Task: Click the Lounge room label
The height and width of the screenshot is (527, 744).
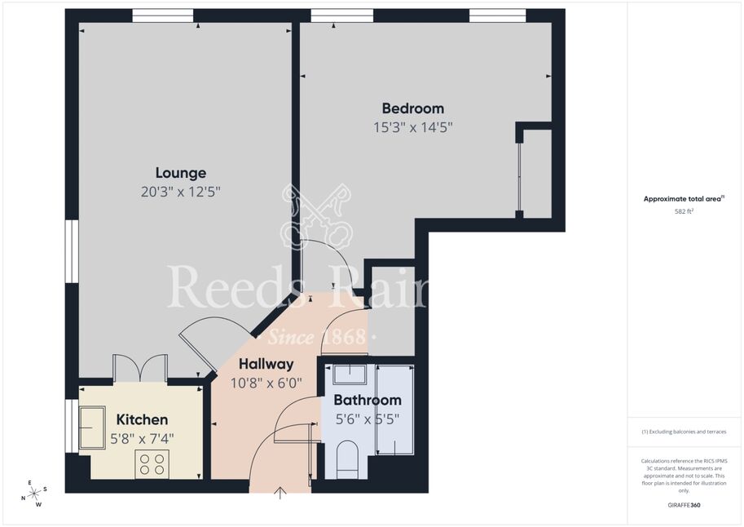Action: pos(181,173)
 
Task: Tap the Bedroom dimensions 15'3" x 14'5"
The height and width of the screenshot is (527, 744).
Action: pos(413,127)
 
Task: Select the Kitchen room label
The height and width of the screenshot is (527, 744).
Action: pos(142,419)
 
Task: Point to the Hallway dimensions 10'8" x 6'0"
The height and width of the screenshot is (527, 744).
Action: pos(266,383)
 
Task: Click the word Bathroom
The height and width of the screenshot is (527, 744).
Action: pos(368,400)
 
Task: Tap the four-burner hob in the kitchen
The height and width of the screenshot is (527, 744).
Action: pos(152,464)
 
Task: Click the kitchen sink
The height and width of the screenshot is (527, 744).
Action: pos(92,427)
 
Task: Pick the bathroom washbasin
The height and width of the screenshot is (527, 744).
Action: pos(349,374)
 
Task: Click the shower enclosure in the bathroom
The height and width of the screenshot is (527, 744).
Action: pos(394,410)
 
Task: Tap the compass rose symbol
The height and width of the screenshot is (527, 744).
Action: pos(34,494)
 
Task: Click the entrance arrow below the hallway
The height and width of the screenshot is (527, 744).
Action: pos(280,494)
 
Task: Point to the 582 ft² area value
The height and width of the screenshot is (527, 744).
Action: pos(684,211)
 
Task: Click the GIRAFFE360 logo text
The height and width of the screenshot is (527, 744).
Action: pos(684,505)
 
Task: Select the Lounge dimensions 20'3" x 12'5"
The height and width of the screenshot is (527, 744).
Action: pos(181,192)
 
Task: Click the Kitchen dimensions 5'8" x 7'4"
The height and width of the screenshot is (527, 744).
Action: pos(142,439)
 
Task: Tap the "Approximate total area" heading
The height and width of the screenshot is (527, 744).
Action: pos(684,199)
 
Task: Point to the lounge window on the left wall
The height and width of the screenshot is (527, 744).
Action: pos(72,251)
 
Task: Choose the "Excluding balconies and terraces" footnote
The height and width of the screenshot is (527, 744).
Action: pos(684,432)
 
